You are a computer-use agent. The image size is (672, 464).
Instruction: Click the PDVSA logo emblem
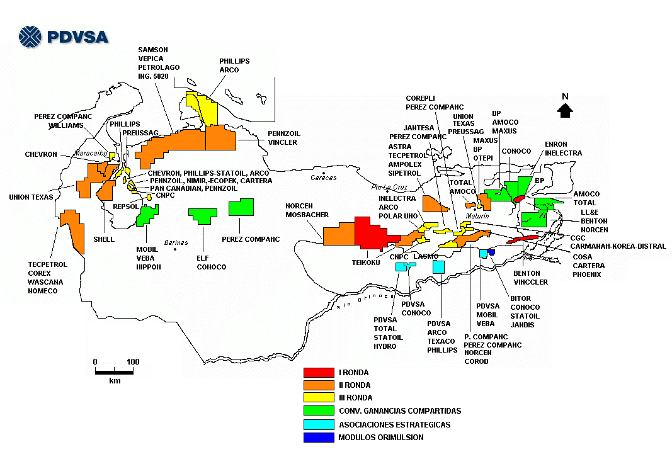point(30,37)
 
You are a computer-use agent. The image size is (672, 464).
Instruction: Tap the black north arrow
point(565,111)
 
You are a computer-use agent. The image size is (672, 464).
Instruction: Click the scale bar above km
point(114,371)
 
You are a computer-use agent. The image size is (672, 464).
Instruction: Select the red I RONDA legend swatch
point(318,373)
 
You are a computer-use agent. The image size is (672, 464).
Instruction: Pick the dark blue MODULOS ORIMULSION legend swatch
point(318,438)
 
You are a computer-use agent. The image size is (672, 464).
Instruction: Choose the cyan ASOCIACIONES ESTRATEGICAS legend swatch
point(318,424)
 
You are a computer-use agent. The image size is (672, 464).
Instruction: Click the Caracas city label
point(324,178)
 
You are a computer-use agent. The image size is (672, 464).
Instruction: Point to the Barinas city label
point(175,242)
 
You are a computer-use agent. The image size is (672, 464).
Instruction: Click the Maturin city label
point(477,216)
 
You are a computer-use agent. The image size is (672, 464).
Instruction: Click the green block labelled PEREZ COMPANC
point(241,207)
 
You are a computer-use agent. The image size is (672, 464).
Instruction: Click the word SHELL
point(104,239)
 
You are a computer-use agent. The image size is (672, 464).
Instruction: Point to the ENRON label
point(556,145)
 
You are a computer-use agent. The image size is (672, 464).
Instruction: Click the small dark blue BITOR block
point(491,252)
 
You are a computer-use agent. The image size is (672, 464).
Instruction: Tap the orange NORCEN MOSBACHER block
point(339,235)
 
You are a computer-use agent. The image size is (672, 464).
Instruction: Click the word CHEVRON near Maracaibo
point(41,154)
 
